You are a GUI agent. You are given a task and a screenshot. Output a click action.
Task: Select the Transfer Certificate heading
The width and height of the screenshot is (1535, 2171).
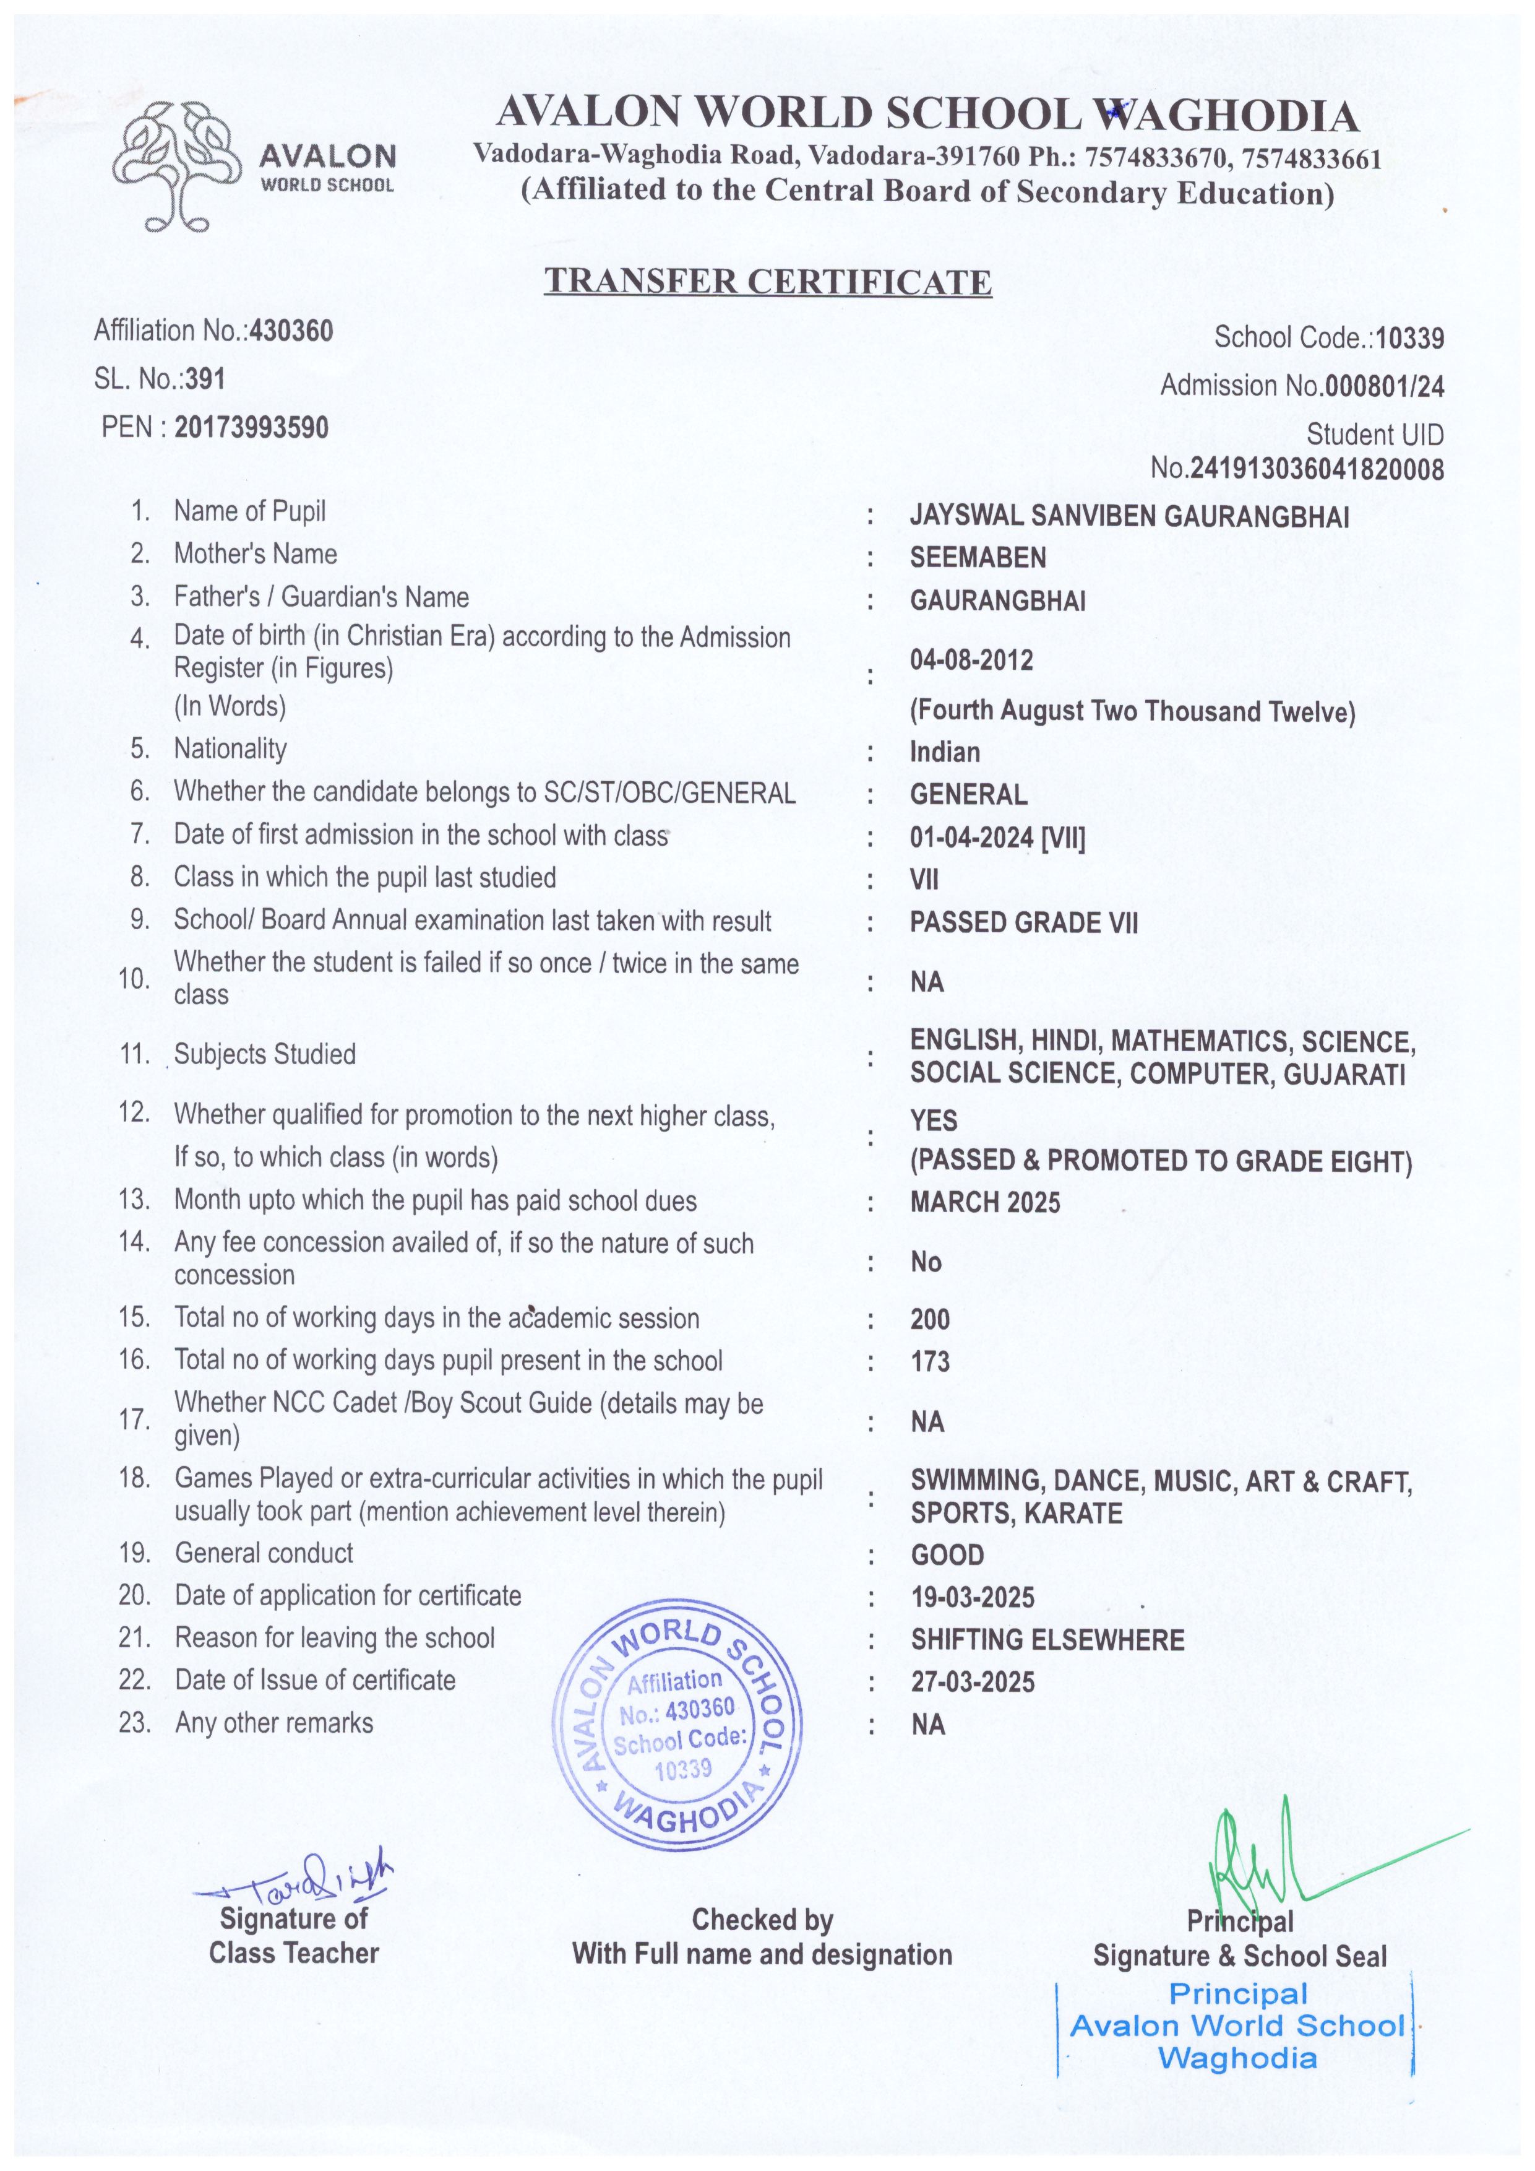[767, 282]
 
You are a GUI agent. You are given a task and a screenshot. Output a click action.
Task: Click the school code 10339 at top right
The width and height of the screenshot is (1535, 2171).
[1409, 337]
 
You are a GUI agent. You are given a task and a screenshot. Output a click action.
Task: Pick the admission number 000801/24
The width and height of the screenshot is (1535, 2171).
[1384, 386]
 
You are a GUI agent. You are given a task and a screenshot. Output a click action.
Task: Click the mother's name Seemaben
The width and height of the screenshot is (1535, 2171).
[978, 558]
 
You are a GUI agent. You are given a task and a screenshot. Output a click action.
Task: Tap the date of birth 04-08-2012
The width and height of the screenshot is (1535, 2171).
[971, 660]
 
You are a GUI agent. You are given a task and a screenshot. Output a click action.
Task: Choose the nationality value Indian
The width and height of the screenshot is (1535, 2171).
[944, 753]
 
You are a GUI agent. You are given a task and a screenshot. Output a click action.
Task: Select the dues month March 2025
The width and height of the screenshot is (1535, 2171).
[985, 1203]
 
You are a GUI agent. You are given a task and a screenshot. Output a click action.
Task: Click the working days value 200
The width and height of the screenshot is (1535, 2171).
[930, 1320]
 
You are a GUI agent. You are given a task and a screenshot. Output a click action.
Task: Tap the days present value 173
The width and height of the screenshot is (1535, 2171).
[930, 1362]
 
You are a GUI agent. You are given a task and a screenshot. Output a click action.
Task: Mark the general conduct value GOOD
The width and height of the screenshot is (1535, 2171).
[947, 1556]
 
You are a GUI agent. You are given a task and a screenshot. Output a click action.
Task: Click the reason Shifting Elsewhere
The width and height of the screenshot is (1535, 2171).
[1047, 1640]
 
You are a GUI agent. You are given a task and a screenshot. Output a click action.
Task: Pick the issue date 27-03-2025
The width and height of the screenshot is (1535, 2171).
[973, 1682]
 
